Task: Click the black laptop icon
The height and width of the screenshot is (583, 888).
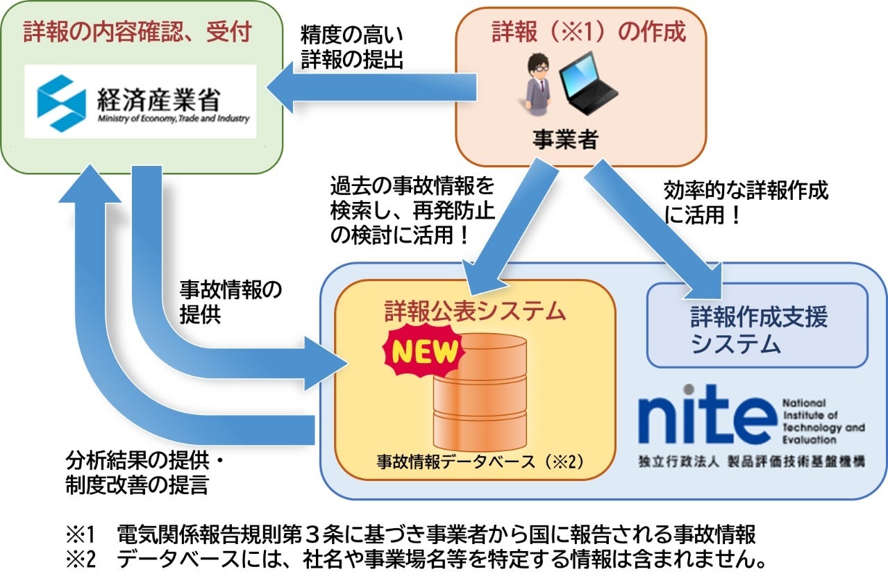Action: (x=587, y=82)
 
